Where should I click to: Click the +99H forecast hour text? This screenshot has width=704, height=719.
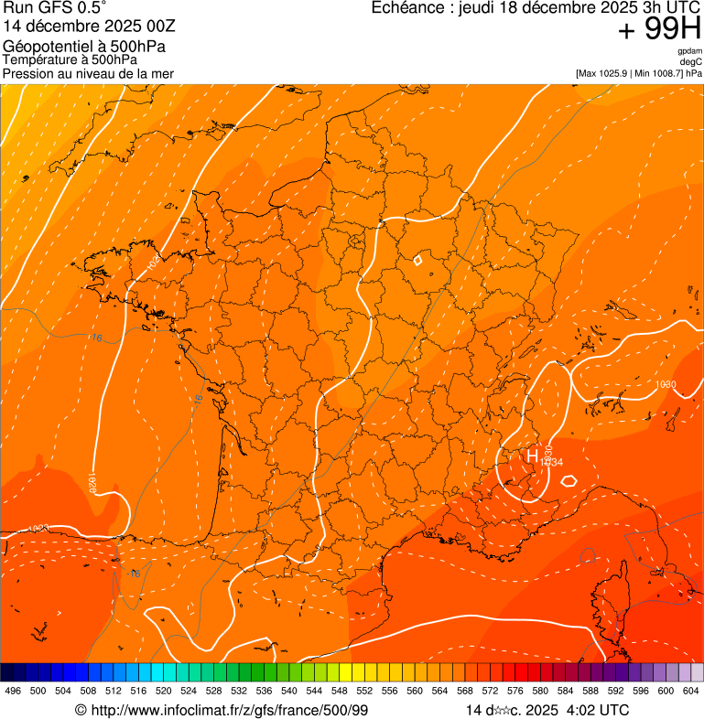click(x=660, y=30)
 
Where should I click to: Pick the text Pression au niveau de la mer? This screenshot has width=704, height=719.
click(x=88, y=73)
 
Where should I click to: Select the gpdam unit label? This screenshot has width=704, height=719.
click(x=689, y=51)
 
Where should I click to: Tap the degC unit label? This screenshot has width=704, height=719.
click(x=691, y=61)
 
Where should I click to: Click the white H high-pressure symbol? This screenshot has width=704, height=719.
click(x=531, y=455)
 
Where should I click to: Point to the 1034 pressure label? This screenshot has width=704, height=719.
click(x=551, y=463)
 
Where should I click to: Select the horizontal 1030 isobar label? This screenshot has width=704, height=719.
click(x=666, y=384)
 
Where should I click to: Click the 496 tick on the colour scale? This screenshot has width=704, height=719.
click(x=13, y=692)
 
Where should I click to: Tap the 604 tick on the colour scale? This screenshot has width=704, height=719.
click(x=691, y=692)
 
